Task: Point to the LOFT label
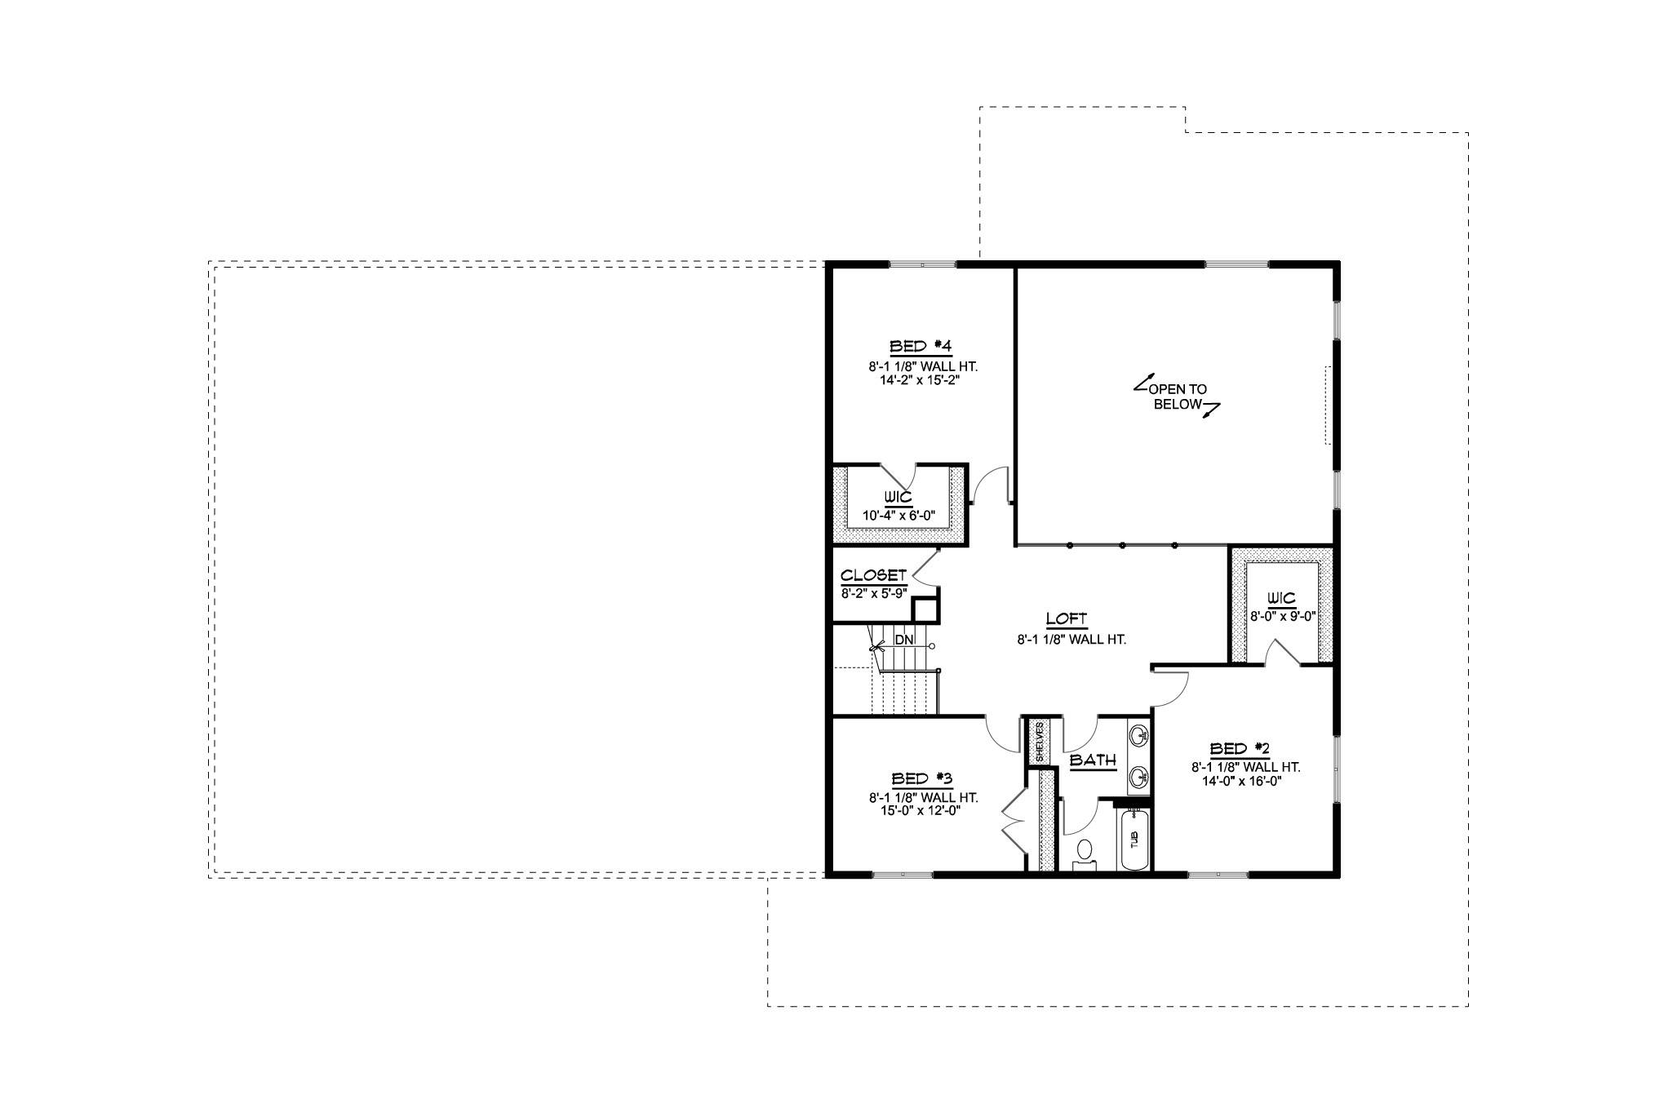pos(1067,618)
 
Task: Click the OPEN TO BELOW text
pos(1178,397)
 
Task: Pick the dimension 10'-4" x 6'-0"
pos(898,516)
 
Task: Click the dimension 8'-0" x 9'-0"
pos(1283,617)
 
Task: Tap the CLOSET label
pos(873,576)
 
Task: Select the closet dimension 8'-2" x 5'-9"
pos(873,593)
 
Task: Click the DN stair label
pos(903,640)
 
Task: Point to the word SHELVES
pos(1039,741)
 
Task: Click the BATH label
pos(1093,760)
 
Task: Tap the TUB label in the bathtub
pos(1134,838)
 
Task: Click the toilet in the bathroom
pos(1085,851)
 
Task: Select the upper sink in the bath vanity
pos(1139,737)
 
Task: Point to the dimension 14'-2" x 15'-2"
pos(912,379)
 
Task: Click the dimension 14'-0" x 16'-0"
pos(1242,781)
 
